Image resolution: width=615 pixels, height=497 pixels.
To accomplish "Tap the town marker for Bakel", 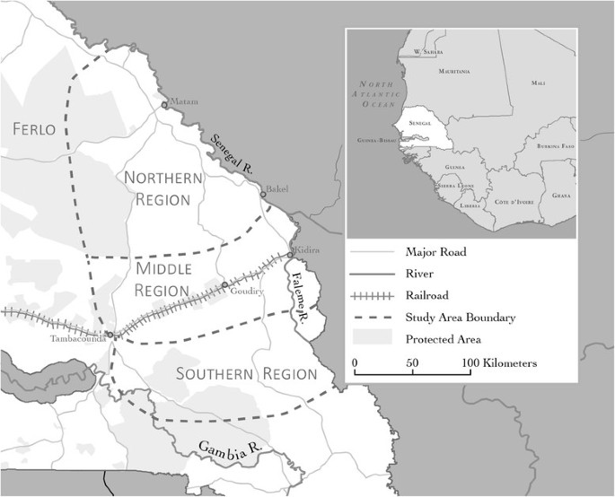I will click(x=263, y=194).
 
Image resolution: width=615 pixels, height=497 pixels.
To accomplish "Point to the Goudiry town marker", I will click(x=224, y=285).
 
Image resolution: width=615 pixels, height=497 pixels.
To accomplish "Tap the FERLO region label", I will click(x=35, y=130).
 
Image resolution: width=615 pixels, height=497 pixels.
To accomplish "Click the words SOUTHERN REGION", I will click(x=247, y=373).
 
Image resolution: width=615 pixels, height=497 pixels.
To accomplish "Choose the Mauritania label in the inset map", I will click(x=454, y=70).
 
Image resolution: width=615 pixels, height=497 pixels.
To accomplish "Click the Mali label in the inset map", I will click(x=538, y=83).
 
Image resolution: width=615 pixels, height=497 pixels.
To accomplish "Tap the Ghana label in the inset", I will click(x=562, y=195).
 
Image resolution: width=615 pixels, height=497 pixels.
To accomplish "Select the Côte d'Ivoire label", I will click(x=514, y=202).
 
